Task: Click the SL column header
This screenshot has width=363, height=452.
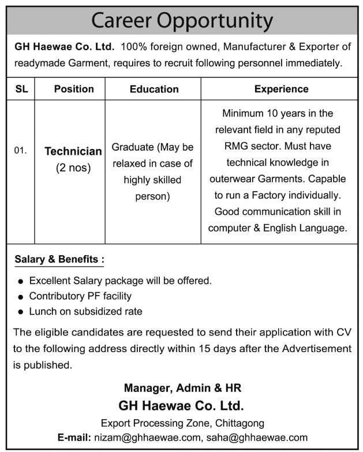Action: [x=21, y=89]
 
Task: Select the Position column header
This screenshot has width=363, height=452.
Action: [x=74, y=89]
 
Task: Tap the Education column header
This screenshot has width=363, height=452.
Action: [x=154, y=89]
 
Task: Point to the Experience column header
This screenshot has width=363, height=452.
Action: [x=281, y=89]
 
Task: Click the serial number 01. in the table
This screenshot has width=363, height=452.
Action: [x=21, y=151]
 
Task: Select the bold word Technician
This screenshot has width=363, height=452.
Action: [x=73, y=151]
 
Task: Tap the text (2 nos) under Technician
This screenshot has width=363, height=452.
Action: [x=73, y=169]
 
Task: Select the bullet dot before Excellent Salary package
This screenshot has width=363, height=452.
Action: [x=21, y=282]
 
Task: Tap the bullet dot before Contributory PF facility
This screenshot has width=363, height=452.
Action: [x=21, y=297]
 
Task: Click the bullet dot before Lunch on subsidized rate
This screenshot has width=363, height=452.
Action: [x=21, y=312]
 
